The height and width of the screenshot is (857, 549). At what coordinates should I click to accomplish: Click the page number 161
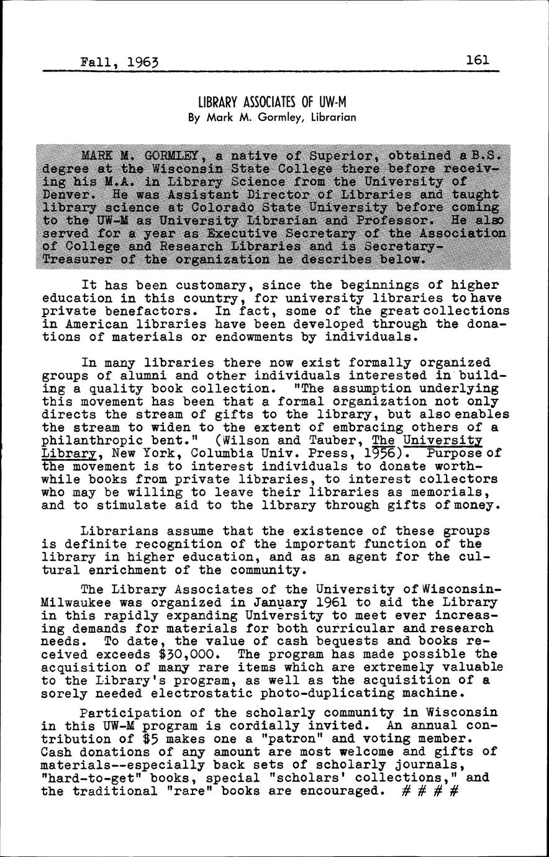pos(477,60)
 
